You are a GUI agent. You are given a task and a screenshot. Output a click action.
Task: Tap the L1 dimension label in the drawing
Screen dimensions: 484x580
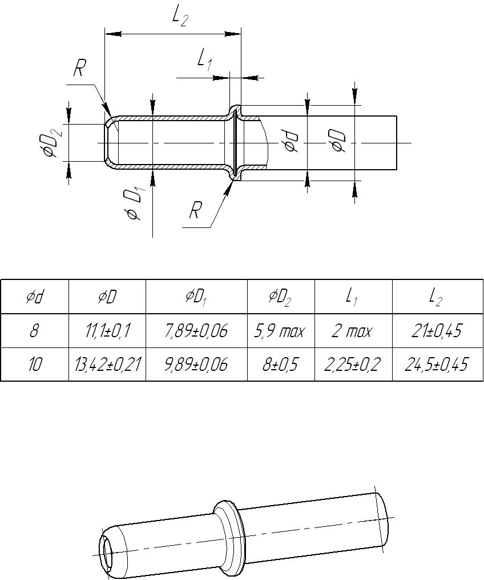pos(204,60)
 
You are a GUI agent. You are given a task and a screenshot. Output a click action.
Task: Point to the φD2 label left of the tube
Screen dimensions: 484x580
pos(51,143)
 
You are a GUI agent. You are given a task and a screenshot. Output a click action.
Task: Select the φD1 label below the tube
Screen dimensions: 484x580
pos(136,204)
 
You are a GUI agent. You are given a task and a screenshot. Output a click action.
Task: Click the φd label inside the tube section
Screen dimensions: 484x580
pos(291,141)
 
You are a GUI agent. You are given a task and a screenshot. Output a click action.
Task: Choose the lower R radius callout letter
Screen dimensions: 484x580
pos(195,210)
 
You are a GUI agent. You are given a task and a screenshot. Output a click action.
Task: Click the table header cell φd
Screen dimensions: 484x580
pos(35,297)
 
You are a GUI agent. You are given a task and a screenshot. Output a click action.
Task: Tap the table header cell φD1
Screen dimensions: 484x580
pos(196,298)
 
